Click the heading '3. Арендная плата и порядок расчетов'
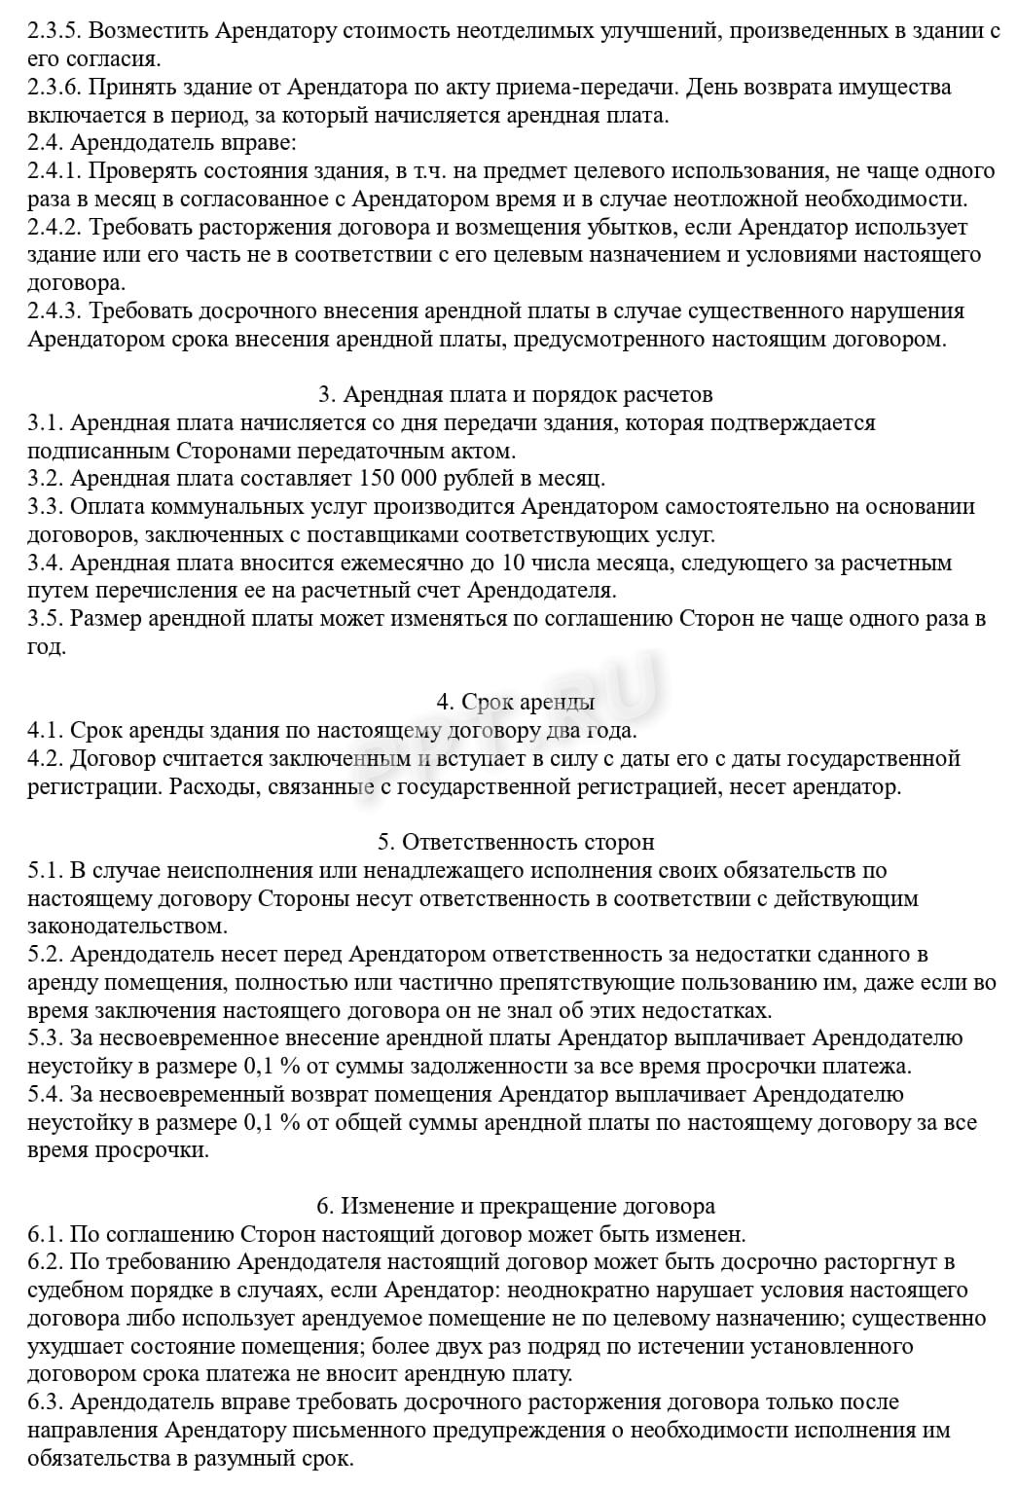pyautogui.click(x=515, y=395)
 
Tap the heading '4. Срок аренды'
pyautogui.click(x=515, y=703)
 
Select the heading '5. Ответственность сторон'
pyautogui.click(x=515, y=842)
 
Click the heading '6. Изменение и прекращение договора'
pyautogui.click(x=515, y=1207)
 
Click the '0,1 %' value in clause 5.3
pyautogui.click(x=272, y=1067)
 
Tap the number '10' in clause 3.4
pyautogui.click(x=512, y=564)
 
